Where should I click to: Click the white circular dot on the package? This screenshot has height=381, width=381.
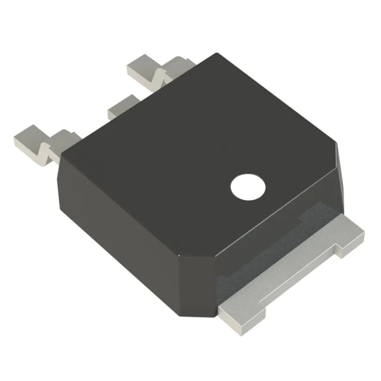point(248,187)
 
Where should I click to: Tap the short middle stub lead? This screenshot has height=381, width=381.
point(123,106)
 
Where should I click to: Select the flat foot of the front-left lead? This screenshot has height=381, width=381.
point(27,139)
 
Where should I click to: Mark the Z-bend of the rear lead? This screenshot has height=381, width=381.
point(160,74)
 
